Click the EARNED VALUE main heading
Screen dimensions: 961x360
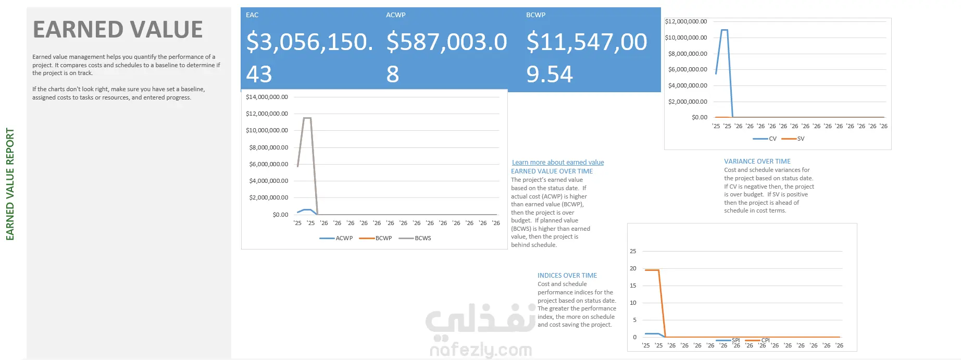pos(118,30)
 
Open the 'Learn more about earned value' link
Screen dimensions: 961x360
pos(558,163)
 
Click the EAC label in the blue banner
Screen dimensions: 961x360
pos(252,15)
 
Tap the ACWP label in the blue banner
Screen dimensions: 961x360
pos(396,15)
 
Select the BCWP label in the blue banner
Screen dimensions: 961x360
pos(536,15)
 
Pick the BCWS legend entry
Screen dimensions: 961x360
pos(415,238)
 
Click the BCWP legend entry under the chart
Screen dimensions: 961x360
pos(376,238)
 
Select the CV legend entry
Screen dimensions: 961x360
pos(765,139)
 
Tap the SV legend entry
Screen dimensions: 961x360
pos(793,139)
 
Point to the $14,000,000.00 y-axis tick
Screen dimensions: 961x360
pos(267,97)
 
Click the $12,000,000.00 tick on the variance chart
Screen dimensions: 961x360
pos(686,21)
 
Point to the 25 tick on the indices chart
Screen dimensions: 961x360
pos(633,251)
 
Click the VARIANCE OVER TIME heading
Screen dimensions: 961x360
pos(757,162)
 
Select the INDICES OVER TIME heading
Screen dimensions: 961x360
pos(567,276)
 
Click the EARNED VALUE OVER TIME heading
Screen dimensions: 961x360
pos(552,171)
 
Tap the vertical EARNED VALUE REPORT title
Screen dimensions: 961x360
pos(10,184)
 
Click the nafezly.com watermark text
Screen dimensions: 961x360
pos(481,350)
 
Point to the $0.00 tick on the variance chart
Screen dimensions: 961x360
pos(700,117)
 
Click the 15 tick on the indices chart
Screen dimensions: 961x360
pos(633,285)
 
